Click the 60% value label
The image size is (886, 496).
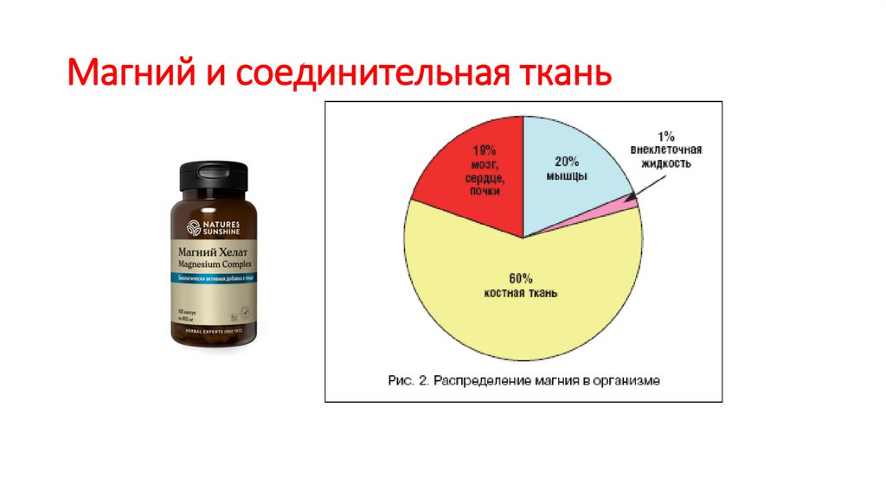(x=521, y=278)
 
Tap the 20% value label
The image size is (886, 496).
(x=567, y=161)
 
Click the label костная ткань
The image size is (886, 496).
(x=521, y=294)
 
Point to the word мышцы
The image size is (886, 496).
(x=567, y=175)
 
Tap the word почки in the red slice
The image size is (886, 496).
(x=485, y=191)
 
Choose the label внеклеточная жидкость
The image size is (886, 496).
(x=665, y=156)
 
